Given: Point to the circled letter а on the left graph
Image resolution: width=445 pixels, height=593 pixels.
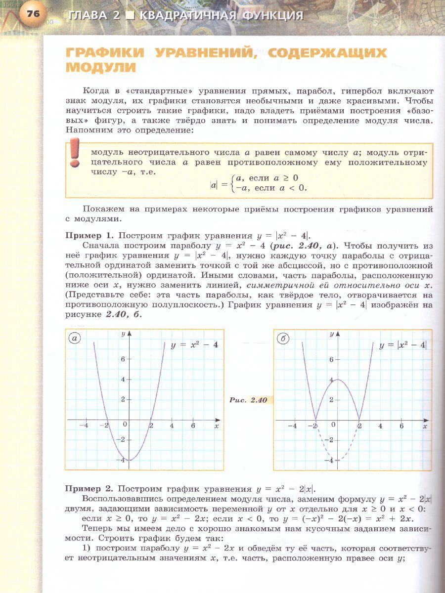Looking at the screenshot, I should tap(75, 339).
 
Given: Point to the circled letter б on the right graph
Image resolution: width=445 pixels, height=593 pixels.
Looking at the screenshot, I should tap(283, 339).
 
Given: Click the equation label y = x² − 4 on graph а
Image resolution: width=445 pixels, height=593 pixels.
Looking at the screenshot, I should tap(194, 345).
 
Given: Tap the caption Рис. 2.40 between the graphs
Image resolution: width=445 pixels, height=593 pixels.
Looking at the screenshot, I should tap(248, 400).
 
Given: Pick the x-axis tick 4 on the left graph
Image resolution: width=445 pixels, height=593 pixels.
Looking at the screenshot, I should tap(172, 426).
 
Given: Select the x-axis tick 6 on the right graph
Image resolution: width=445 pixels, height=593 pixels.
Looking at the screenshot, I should tap(401, 426).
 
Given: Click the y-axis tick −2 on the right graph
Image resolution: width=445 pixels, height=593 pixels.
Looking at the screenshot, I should tap(330, 440).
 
